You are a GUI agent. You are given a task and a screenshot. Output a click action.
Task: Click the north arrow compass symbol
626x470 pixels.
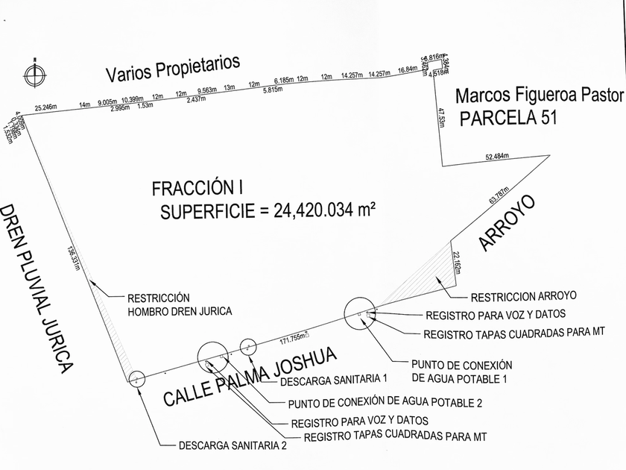32,74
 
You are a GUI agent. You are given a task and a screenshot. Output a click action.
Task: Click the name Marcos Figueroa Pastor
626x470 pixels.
538,95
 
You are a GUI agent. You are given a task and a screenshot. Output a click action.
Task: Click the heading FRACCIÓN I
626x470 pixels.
197,188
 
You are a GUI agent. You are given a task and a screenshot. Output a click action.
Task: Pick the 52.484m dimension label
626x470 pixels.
496,157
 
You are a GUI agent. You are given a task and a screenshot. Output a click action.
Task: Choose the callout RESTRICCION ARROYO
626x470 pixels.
524,296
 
